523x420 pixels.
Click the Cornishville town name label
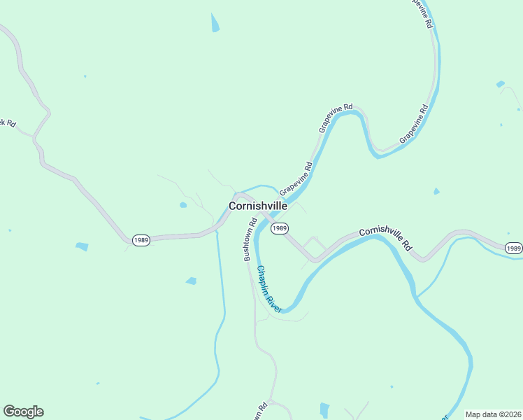pos(257,206)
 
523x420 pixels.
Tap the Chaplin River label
pos(269,288)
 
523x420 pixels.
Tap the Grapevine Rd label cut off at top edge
pos(422,13)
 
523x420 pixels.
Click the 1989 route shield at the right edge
pos(513,248)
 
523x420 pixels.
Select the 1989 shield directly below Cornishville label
pos(280,228)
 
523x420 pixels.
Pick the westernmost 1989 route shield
pos(140,240)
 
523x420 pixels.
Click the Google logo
pos(23,412)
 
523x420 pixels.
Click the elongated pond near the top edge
pos(215,22)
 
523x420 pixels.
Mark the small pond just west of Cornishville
pos(183,205)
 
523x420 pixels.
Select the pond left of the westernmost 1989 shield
pos(82,246)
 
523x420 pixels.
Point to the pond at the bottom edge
pos(324,410)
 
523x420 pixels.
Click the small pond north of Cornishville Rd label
pos(436,191)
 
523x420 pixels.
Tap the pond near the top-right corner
pos(501,84)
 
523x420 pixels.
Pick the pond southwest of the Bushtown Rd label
pos(191,281)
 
